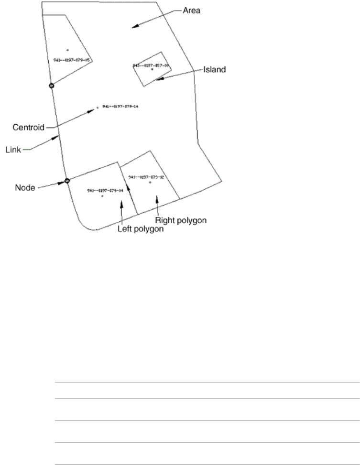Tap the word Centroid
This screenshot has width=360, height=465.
[29, 128]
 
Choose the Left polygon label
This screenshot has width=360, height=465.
[140, 229]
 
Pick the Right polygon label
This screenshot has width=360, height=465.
[180, 220]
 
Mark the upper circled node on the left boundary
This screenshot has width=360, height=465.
[52, 86]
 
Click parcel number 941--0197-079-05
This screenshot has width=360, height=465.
[73, 60]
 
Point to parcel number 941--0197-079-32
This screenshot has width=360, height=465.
[146, 177]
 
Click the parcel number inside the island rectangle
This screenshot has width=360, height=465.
[152, 65]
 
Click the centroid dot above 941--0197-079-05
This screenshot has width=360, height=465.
[68, 49]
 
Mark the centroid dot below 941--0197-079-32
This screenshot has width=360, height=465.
[150, 183]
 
